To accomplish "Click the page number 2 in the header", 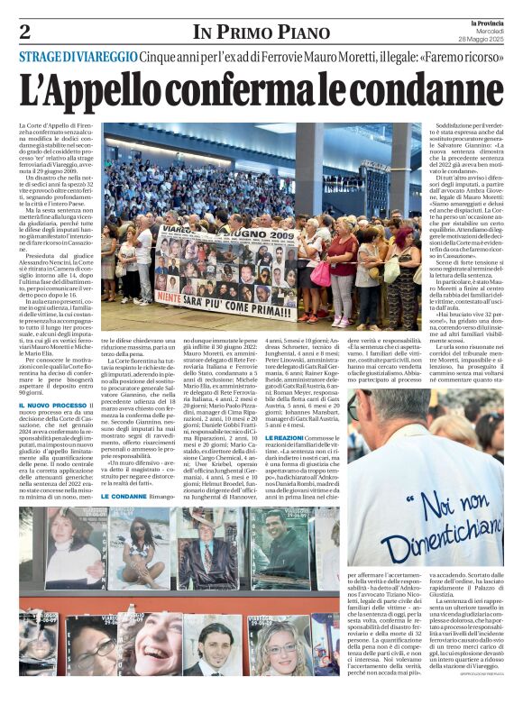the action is (x=24, y=32).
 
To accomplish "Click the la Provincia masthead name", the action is (x=489, y=22).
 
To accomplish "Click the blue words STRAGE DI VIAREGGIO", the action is (x=79, y=58).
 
